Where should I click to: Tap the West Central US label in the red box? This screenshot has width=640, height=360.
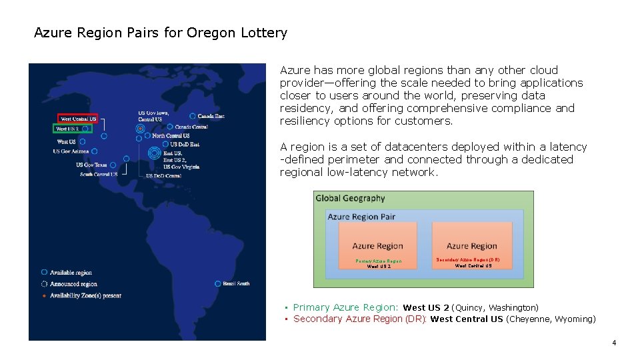pyautogui.click(x=78, y=119)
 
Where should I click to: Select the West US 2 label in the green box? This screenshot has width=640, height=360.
pyautogui.click(x=67, y=129)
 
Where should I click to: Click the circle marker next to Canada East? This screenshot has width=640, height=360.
pyautogui.click(x=193, y=116)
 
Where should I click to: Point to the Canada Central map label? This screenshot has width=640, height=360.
pyautogui.click(x=191, y=127)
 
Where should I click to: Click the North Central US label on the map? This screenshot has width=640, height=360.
pyautogui.click(x=171, y=135)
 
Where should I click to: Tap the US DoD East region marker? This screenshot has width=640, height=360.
pyautogui.click(x=165, y=144)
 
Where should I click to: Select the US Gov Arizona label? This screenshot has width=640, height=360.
pyautogui.click(x=71, y=151)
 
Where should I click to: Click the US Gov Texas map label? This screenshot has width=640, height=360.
pyautogui.click(x=91, y=165)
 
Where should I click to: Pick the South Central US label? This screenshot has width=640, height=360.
pyautogui.click(x=99, y=174)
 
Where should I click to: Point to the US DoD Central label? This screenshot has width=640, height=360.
pyautogui.click(x=163, y=176)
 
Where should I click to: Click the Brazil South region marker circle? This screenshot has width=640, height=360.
pyautogui.click(x=218, y=283)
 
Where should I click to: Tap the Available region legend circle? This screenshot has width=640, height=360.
pyautogui.click(x=44, y=272)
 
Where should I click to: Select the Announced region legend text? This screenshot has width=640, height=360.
pyautogui.click(x=73, y=284)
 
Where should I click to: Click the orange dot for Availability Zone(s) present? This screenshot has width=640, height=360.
pyautogui.click(x=44, y=295)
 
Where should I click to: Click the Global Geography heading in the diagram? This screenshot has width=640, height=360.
pyautogui.click(x=350, y=198)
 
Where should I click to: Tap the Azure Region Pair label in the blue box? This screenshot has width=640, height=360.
pyautogui.click(x=361, y=217)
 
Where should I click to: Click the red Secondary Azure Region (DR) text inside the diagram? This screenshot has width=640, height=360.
pyautogui.click(x=468, y=259)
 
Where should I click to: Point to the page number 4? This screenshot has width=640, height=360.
pyautogui.click(x=614, y=343)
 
